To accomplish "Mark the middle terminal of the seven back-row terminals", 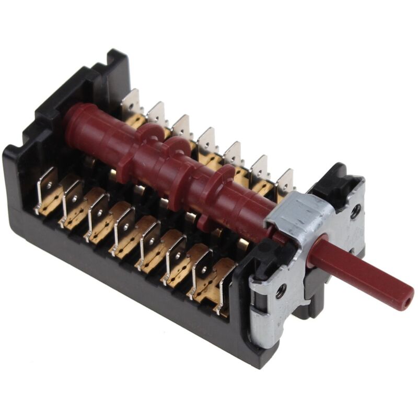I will click(x=207, y=142).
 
